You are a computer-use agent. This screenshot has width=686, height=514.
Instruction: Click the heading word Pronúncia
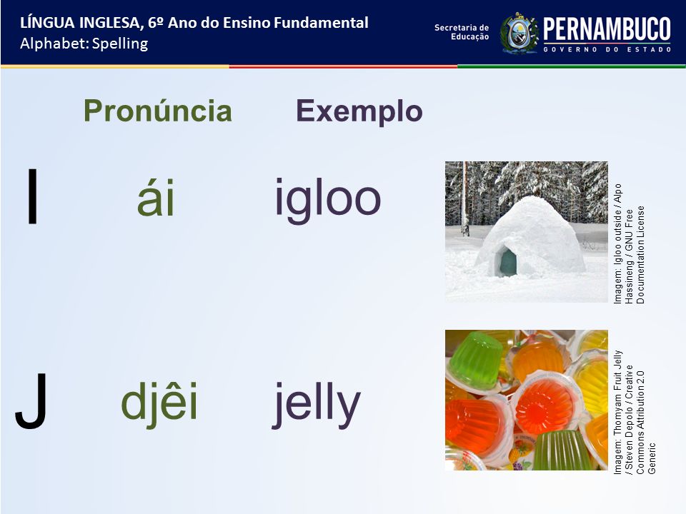point(157,111)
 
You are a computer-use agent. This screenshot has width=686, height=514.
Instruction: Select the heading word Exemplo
point(359,112)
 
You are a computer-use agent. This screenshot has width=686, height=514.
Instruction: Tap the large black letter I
point(32,196)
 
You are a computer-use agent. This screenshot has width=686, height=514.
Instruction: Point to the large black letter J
point(31,400)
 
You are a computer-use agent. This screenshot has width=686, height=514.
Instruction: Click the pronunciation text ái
point(156,198)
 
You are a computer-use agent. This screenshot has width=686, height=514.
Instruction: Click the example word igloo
point(328,200)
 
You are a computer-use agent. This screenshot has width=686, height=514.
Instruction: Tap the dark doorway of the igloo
point(507,262)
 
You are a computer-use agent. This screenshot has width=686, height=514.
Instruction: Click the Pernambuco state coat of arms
point(519,34)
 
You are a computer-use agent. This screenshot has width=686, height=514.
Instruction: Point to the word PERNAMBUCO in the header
point(607,29)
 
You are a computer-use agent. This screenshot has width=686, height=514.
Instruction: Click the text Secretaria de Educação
point(462,32)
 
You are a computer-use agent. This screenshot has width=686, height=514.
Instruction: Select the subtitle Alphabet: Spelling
point(84,44)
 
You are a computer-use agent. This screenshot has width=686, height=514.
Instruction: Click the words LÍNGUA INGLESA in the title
point(80,23)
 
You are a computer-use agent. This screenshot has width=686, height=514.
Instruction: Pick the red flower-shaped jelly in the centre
point(543,405)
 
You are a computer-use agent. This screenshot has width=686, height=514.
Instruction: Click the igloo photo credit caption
point(629,243)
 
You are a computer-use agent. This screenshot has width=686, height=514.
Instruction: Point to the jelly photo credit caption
point(635,412)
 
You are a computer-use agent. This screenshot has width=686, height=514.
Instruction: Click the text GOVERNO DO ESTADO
point(607,49)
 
